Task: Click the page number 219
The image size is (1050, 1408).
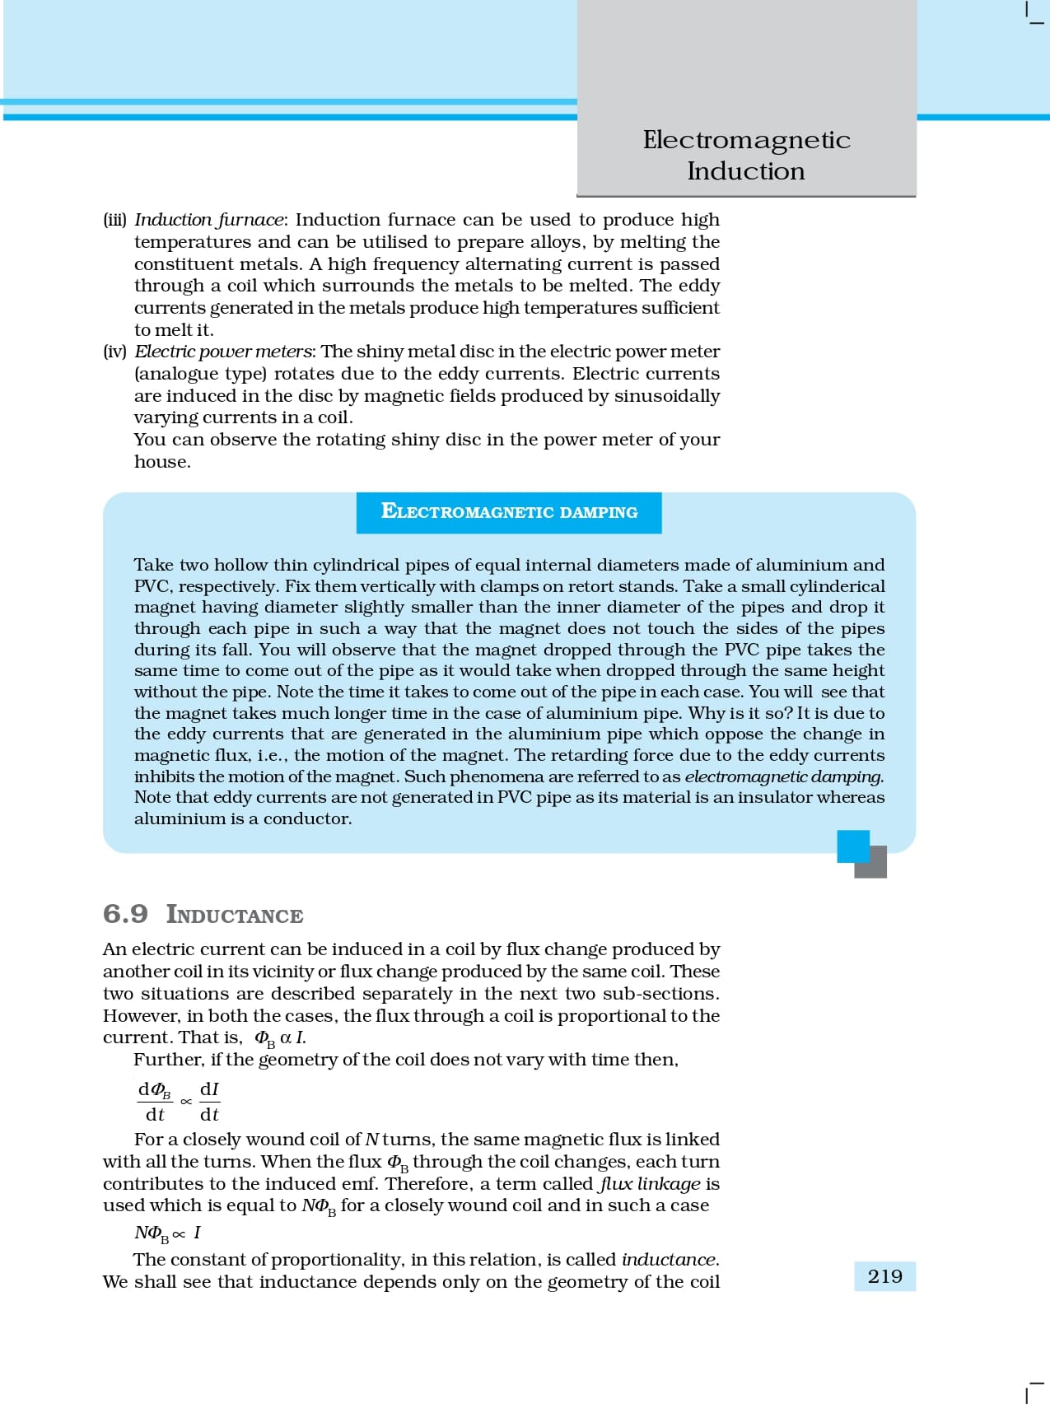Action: click(x=884, y=1276)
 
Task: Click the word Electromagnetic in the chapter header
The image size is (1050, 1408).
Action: click(x=746, y=140)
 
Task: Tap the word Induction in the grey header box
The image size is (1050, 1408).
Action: click(x=746, y=171)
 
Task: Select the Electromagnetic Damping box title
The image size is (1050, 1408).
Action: click(x=509, y=512)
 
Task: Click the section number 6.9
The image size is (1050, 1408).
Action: click(x=125, y=914)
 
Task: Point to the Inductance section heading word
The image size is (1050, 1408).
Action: click(x=235, y=915)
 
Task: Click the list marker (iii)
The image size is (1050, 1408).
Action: click(x=115, y=220)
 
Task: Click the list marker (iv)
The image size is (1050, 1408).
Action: click(x=115, y=352)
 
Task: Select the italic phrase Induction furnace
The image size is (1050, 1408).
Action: click(x=208, y=220)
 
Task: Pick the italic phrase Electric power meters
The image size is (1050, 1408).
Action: click(x=222, y=352)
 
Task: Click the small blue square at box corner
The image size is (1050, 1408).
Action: click(x=853, y=846)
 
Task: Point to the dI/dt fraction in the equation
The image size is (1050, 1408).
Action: click(x=210, y=1102)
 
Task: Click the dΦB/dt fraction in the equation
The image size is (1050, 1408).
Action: click(x=155, y=1102)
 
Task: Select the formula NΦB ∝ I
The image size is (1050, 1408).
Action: click(x=167, y=1233)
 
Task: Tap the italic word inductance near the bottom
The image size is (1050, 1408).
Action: click(x=669, y=1260)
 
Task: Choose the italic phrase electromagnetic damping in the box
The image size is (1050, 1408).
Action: click(x=783, y=776)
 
